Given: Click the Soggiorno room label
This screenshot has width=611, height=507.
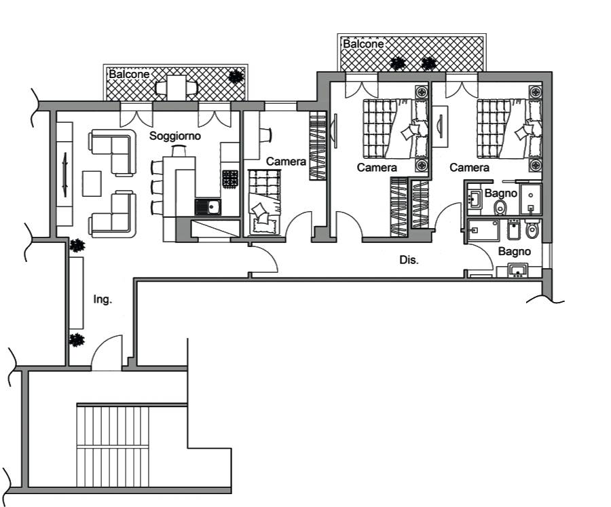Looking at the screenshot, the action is (175, 136).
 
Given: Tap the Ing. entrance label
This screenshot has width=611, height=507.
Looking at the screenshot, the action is (103, 299).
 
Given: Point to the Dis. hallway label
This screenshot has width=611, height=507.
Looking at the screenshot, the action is (409, 260).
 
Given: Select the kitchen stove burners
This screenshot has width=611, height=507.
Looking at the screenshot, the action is (230, 179).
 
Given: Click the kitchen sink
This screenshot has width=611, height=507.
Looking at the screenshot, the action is (208, 206).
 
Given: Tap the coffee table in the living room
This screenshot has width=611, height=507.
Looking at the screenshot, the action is (92, 183).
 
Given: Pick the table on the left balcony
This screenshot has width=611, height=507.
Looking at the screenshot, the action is (176, 88).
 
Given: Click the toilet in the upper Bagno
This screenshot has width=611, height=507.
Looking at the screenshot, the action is (500, 208).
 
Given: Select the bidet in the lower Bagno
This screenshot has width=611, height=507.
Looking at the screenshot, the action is (514, 230).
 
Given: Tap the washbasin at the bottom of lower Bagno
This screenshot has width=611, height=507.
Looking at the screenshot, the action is (518, 270).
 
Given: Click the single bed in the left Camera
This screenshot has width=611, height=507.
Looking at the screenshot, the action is (265, 203).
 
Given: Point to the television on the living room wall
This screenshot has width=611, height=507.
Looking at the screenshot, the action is (65, 175).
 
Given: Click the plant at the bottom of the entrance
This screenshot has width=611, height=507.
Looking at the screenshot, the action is (77, 340).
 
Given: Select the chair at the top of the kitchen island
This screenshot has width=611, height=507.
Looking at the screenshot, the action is (179, 151).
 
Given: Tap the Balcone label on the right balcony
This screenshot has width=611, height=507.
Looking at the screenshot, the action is (363, 44).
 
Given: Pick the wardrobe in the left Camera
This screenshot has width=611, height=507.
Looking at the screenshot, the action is (318, 145).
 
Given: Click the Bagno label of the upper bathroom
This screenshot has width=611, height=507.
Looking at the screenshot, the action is (501, 193).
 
